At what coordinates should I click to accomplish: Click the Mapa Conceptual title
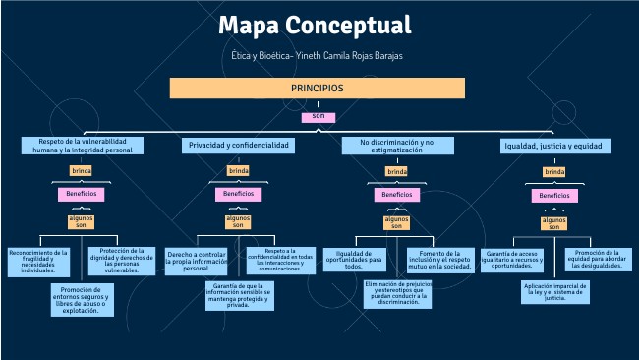[x=315, y=25]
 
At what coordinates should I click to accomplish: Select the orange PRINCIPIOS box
[x=316, y=89]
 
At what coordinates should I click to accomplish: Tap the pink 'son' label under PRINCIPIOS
[x=318, y=117]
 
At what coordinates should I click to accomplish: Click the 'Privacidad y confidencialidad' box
[x=238, y=146]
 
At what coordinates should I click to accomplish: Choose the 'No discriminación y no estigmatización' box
[x=396, y=146]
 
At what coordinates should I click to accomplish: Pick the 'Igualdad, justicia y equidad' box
[x=553, y=146]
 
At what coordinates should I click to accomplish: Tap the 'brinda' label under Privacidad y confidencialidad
[x=238, y=171]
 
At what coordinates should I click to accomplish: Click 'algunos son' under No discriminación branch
[x=396, y=221]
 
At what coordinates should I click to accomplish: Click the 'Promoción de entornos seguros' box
[x=83, y=299]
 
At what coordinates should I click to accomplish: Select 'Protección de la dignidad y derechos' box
[x=123, y=260]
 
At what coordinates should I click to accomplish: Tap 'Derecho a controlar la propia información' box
[x=198, y=261]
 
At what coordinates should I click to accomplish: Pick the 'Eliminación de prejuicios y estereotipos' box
[x=398, y=293]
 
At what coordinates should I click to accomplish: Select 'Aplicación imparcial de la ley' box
[x=556, y=292]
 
